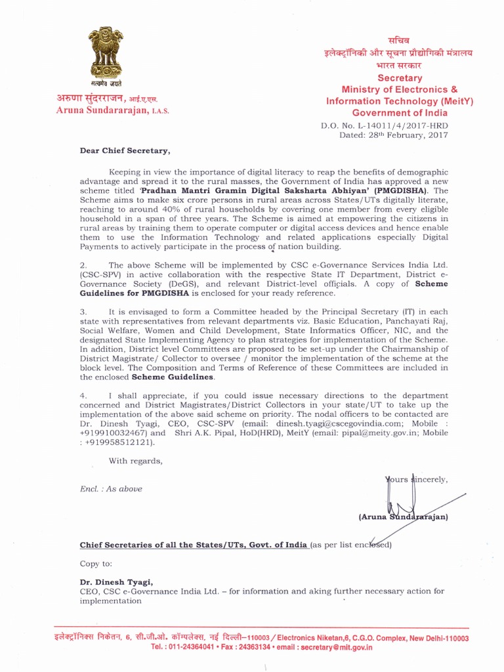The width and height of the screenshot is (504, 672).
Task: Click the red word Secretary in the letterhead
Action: coord(400,77)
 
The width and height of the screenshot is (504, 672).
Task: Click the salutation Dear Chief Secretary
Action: coord(125,151)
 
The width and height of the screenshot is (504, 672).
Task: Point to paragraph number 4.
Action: coord(83,396)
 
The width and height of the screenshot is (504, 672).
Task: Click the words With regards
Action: coord(135,461)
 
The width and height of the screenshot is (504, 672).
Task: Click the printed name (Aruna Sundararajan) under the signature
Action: coord(404,517)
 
